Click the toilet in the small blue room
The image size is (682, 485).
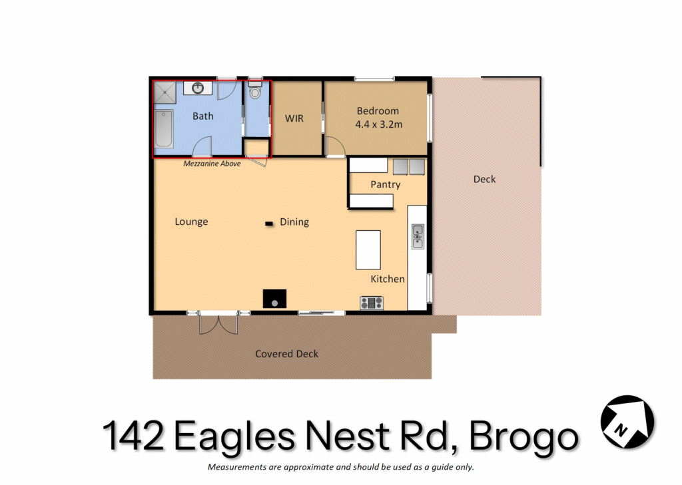coord(255,90)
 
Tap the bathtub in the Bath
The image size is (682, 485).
coord(164,129)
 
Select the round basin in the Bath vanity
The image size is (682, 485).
coord(198,88)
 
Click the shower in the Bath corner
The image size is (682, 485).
coord(165,92)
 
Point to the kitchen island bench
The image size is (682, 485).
coord(368,250)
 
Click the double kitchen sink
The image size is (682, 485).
coord(418,236)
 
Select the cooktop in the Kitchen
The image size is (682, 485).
coord(372,303)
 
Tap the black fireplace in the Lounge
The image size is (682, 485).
coord(274,299)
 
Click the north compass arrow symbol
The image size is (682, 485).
coord(627,422)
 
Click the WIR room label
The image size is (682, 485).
coord(294,118)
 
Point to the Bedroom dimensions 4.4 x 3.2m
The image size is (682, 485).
coord(378,124)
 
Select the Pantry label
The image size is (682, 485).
coord(386,185)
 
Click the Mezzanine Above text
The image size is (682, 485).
coord(212,164)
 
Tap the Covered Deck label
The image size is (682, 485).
coord(286,354)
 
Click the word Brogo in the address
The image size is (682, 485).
coord(523,436)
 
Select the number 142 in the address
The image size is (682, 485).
coord(133,435)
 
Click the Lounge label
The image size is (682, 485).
coord(191,222)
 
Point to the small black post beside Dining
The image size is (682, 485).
coord(269,224)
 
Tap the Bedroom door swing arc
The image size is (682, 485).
coord(336,146)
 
